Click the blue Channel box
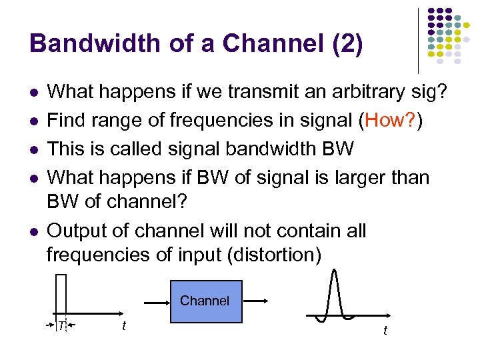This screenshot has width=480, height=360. click(x=204, y=301)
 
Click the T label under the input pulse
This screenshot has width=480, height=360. click(x=61, y=325)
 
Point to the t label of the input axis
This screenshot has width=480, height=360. click(x=123, y=325)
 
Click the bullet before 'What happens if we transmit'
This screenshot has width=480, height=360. click(x=33, y=93)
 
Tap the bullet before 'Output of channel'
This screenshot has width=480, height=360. click(x=33, y=231)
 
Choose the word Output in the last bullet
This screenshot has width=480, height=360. click(x=77, y=231)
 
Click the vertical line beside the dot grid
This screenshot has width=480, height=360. click(x=418, y=40)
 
